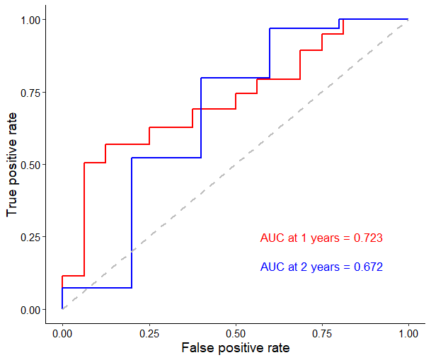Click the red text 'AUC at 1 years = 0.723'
[321, 238]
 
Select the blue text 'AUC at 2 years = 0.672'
[321, 267]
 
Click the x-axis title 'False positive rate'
[235, 348]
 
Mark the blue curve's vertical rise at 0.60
[270, 53]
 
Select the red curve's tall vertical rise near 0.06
[84, 219]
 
